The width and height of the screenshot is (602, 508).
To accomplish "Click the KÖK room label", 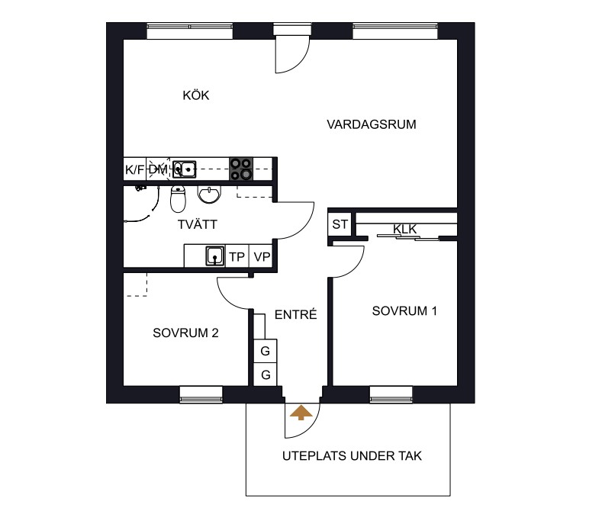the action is click(196, 95).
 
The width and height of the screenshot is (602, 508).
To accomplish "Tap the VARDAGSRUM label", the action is click(372, 124).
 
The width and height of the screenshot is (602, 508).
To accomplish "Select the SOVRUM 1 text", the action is click(404, 310).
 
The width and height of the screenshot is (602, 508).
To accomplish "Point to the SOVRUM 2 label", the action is click(185, 333).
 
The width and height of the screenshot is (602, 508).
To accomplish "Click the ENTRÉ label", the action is click(295, 314).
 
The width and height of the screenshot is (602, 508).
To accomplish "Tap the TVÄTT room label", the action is click(198, 224).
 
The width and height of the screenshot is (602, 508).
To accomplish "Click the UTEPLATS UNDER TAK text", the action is click(352, 456).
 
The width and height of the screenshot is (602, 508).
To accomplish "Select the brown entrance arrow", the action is click(301, 413).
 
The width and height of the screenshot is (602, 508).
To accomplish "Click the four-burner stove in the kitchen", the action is click(241, 169).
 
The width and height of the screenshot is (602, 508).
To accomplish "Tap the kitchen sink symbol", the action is click(185, 169).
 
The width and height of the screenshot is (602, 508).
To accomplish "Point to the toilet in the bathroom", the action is click(178, 199).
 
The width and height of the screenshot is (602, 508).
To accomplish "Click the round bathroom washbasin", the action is click(209, 195).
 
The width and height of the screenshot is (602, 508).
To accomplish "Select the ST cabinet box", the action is click(340, 224).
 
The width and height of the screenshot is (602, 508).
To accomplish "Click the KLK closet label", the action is click(404, 229).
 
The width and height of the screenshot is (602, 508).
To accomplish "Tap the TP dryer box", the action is click(237, 256).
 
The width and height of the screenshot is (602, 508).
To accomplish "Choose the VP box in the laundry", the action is click(261, 256).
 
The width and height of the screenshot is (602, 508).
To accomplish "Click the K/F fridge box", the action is click(135, 169).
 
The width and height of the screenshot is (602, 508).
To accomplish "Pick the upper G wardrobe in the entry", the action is click(265, 351).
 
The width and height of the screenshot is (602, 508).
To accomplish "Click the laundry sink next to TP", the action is click(215, 256).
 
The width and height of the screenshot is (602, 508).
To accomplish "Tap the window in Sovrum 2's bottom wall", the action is click(201, 395).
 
